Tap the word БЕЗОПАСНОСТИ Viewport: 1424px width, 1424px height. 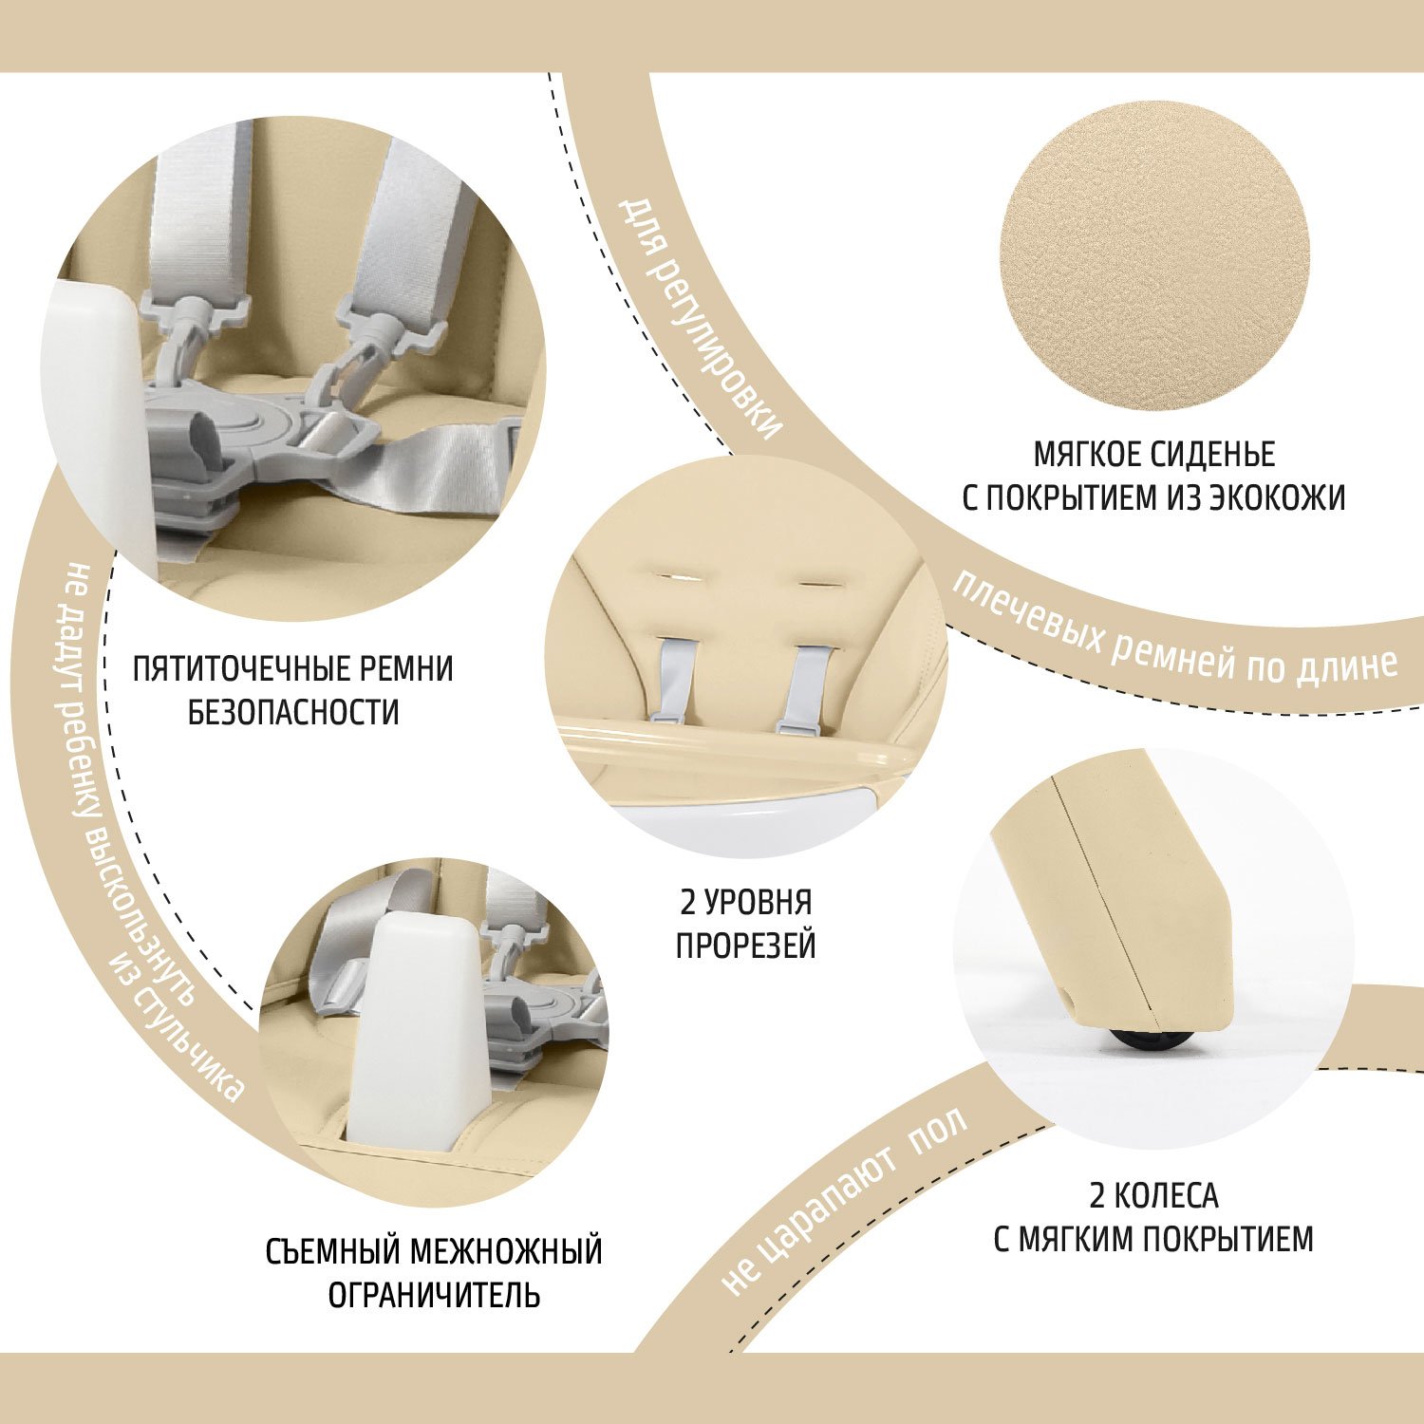(x=293, y=712)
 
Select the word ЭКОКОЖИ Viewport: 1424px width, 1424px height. (x=1276, y=497)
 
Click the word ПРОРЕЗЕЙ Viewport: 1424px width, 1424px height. (x=745, y=946)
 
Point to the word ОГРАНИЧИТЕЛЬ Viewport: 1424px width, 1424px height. (x=434, y=1295)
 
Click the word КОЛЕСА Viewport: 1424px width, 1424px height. (x=1166, y=1195)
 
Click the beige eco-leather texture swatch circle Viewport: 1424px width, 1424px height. (x=1153, y=255)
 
